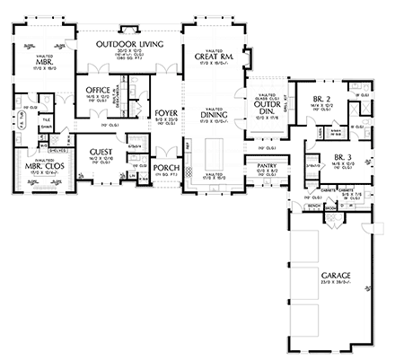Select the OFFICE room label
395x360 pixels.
98,91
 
